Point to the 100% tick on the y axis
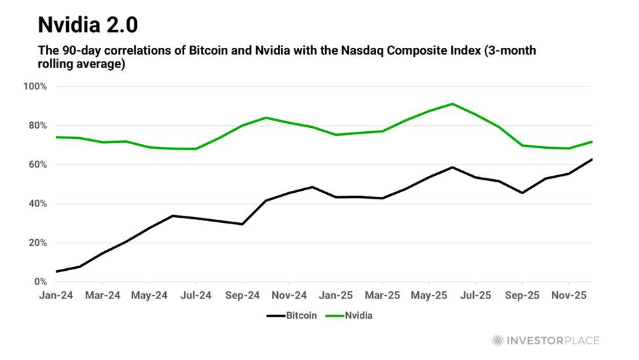35,87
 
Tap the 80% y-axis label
37,125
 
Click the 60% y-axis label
37,165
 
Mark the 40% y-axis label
37,204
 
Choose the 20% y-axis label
37,243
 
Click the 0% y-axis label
39,282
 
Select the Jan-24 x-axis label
56,296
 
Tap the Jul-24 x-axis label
196,296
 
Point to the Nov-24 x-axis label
289,296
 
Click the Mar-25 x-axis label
382,296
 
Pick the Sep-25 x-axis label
522,296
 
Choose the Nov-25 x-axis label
569,296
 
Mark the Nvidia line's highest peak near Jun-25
452,104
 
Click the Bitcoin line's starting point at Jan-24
56,271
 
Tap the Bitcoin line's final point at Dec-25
592,159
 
